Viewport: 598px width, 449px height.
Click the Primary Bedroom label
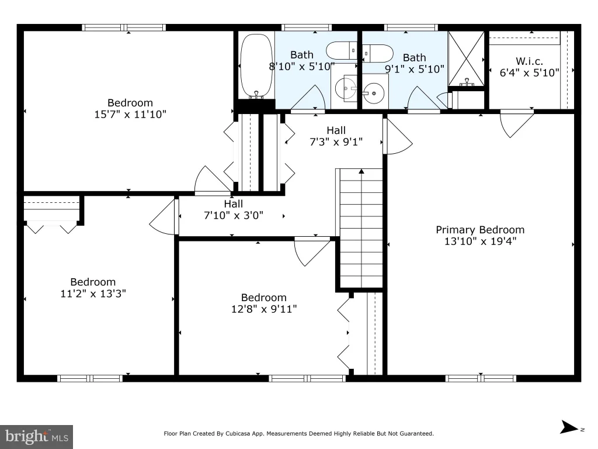coord(480,230)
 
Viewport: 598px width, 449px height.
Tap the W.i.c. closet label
coord(529,61)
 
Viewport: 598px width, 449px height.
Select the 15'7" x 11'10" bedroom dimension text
coord(130,114)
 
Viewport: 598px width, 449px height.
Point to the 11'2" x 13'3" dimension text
coord(93,293)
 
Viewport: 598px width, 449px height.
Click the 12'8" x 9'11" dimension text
coord(264,309)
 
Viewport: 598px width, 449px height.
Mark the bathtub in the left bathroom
coord(256,66)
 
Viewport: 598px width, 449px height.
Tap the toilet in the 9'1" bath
coord(378,53)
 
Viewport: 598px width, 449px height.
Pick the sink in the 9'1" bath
coord(373,93)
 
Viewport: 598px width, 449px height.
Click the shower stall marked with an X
coord(466,58)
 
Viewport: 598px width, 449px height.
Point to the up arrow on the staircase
coord(361,171)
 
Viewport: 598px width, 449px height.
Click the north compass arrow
coord(569,427)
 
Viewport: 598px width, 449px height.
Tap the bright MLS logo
coord(36,437)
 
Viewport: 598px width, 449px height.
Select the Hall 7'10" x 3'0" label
coord(234,210)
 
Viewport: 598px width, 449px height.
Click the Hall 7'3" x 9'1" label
coord(336,136)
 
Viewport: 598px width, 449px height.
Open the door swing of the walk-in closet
coord(517,123)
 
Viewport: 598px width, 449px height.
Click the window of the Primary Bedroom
coord(481,378)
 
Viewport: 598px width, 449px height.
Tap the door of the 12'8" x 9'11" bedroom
coord(312,251)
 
